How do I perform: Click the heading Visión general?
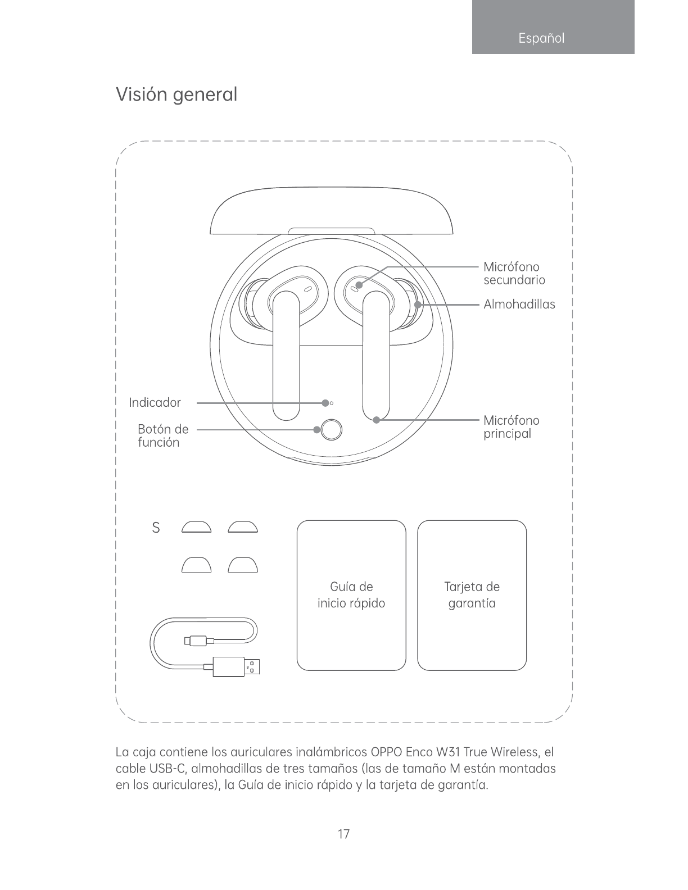tap(176, 95)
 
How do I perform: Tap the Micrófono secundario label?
tap(514, 273)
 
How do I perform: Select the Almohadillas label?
tap(519, 305)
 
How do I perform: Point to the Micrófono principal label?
tap(511, 427)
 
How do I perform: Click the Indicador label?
tap(155, 403)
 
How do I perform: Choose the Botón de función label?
tap(162, 436)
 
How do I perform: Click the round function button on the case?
tap(332, 430)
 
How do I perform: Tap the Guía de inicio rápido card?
tap(351, 596)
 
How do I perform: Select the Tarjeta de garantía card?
tap(472, 596)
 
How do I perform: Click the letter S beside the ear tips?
tap(156, 528)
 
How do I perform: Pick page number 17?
tap(343, 834)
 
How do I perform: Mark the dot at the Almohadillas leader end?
tap(418, 305)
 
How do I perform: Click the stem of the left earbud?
tap(287, 360)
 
